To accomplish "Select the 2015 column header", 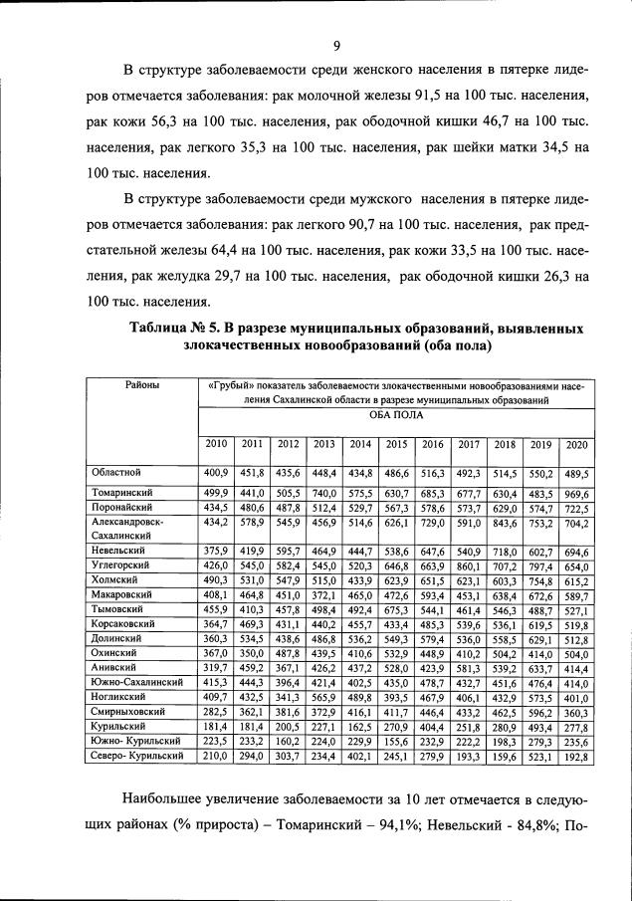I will click(396, 444).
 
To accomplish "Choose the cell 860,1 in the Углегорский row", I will click(468, 565).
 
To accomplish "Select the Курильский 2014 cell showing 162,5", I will click(359, 728).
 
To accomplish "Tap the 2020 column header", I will click(576, 444).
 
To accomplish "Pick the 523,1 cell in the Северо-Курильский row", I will click(540, 757).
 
